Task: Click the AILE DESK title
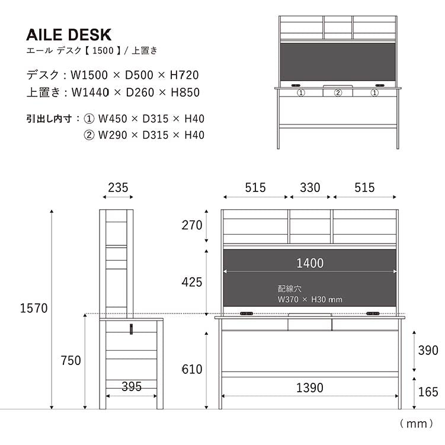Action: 69,35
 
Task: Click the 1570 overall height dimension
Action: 33,308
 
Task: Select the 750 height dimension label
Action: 71,360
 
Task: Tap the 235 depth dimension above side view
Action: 118,188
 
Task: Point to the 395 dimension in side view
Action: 131,387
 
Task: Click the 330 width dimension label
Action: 310,188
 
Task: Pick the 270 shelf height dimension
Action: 192,225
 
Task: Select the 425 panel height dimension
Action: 192,282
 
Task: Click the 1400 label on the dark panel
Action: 310,263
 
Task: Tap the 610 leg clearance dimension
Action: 192,369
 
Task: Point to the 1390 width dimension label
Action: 309,388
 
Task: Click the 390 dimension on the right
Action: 428,350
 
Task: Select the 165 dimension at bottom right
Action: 428,392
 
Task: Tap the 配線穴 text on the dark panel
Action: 290,289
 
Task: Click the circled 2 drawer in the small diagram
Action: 338,92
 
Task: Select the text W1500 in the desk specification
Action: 86,75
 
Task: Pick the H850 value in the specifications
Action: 184,92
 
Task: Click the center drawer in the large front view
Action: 310,324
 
